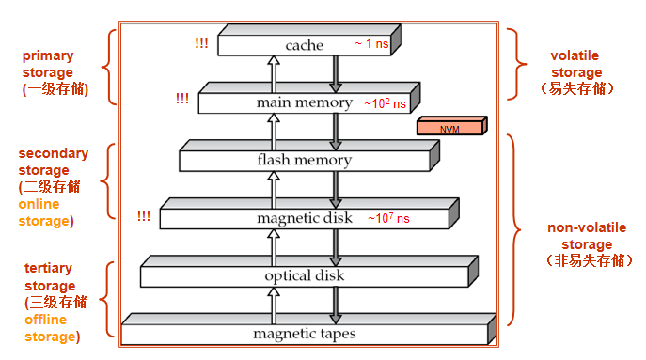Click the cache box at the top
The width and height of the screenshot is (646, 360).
(304, 45)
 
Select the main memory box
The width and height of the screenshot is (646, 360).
(304, 102)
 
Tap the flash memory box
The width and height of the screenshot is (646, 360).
(304, 160)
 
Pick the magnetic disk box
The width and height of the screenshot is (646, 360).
(304, 218)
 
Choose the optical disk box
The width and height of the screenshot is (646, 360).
(304, 275)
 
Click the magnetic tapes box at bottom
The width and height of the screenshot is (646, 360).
(304, 333)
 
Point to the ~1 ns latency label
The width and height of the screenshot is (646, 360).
(370, 44)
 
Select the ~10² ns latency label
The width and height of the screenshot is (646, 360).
(385, 102)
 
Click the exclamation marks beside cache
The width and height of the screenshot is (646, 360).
(201, 43)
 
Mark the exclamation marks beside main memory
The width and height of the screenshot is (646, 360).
(181, 98)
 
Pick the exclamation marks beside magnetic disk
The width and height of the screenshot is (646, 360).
(143, 216)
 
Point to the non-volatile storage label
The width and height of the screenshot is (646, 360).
(586, 244)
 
